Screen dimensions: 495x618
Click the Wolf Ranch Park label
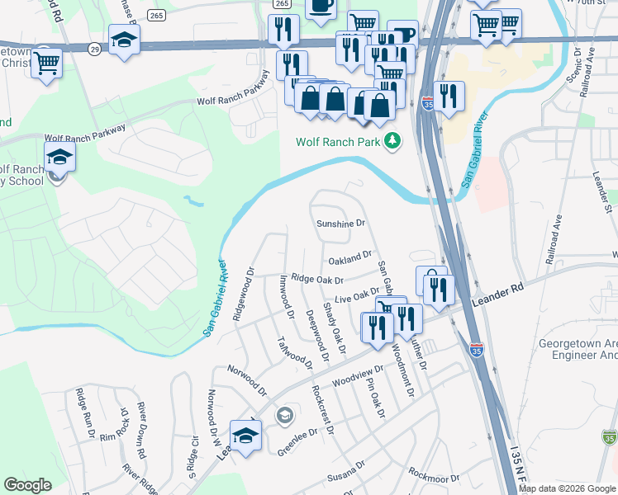(338, 142)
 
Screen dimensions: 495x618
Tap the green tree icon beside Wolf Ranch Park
(392, 142)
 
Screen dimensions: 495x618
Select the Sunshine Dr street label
(340, 224)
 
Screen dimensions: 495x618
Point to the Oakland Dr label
(350, 260)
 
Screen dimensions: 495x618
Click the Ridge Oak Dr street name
(316, 280)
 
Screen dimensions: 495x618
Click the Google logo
(27, 484)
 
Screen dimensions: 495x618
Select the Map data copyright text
(567, 488)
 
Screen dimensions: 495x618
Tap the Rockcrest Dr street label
(322, 409)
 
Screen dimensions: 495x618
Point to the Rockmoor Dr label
(433, 476)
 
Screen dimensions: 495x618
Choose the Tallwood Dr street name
(294, 353)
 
